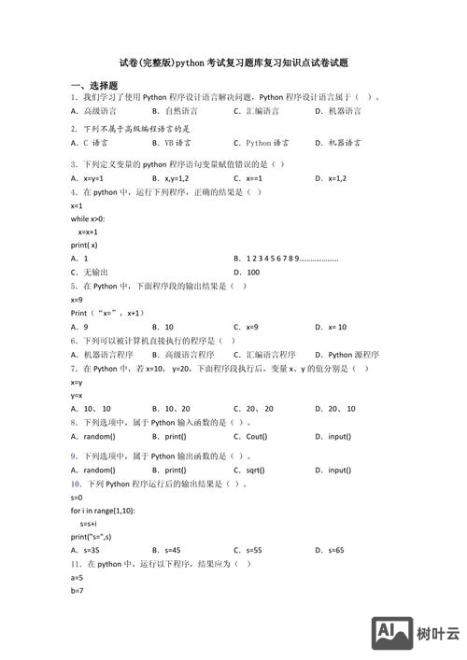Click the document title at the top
click(x=233, y=63)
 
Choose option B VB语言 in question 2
click(x=171, y=144)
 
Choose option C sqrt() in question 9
click(x=250, y=470)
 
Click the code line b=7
click(x=77, y=591)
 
